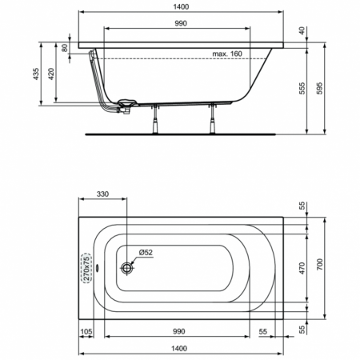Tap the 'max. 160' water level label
click(x=227, y=54)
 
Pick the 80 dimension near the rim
click(x=66, y=46)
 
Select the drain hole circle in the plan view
click(x=126, y=269)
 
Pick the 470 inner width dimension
click(x=302, y=268)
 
